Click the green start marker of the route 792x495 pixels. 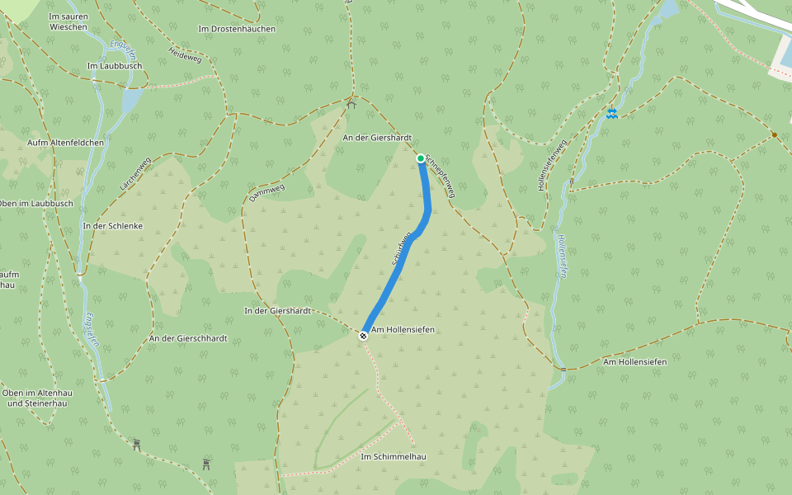[x=421, y=158]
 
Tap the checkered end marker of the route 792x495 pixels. [x=363, y=335]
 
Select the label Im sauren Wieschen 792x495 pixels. [x=68, y=21]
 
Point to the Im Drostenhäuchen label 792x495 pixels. [x=237, y=29]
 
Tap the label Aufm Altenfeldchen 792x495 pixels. [x=66, y=143]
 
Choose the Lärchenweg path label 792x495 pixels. [x=135, y=175]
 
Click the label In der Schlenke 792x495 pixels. [x=113, y=225]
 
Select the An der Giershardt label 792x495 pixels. [x=376, y=138]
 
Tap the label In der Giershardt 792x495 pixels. [x=277, y=311]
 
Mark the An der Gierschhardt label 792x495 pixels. [x=188, y=338]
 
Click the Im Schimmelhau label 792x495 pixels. [x=393, y=456]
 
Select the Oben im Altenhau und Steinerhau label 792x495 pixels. [x=37, y=398]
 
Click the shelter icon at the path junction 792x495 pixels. [x=351, y=104]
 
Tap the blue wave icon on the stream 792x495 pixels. [x=611, y=113]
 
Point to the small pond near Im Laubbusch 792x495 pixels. [x=131, y=100]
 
